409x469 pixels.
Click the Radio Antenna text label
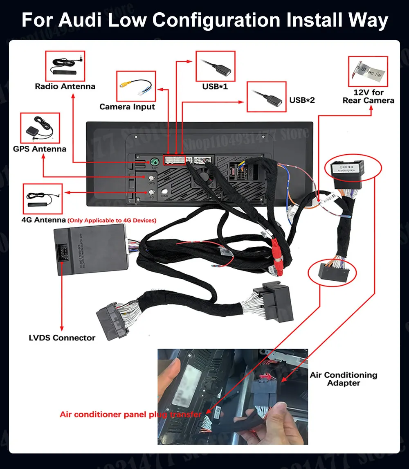pyautogui.click(x=65, y=86)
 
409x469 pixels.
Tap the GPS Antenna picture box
pyautogui.click(x=40, y=128)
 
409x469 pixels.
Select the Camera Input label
pyautogui.click(x=127, y=107)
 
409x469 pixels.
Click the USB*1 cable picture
pyautogui.click(x=215, y=66)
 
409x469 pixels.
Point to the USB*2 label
pyautogui.click(x=302, y=100)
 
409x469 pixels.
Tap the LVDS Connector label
pyautogui.click(x=62, y=338)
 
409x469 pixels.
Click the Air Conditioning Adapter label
pyautogui.click(x=343, y=379)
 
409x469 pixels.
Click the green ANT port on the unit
pyautogui.click(x=155, y=162)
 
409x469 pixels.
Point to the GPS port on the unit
pyautogui.click(x=152, y=178)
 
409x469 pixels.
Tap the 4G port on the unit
pyautogui.click(x=152, y=192)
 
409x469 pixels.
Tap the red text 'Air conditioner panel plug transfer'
pyautogui.click(x=130, y=415)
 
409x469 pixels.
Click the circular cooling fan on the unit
pyautogui.click(x=205, y=178)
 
